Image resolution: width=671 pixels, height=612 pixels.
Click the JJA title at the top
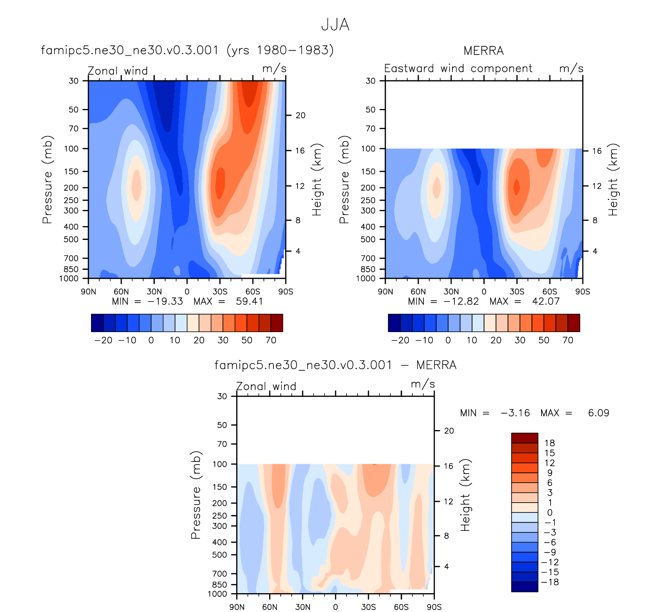pyautogui.click(x=335, y=25)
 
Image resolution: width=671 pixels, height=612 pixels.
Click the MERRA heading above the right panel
pyautogui.click(x=483, y=51)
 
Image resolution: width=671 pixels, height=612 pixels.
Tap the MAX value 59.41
pyautogui.click(x=249, y=301)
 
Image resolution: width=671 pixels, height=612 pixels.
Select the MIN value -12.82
pyautogui.click(x=461, y=301)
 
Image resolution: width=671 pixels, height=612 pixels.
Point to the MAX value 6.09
pyautogui.click(x=598, y=413)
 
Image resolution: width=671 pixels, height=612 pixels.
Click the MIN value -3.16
pyautogui.click(x=515, y=413)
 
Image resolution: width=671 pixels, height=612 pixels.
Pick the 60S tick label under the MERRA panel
pyautogui.click(x=550, y=292)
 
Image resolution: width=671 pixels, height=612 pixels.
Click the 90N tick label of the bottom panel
pyautogui.click(x=237, y=607)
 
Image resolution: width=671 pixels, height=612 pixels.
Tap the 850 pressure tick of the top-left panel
pyautogui.click(x=71, y=269)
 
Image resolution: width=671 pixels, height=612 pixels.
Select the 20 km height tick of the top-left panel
pyautogui.click(x=301, y=115)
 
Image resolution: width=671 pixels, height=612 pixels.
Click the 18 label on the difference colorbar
pyautogui.click(x=550, y=443)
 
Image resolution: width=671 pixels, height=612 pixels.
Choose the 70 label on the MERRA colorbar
pyautogui.click(x=568, y=340)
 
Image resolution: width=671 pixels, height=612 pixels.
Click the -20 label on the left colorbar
pyautogui.click(x=104, y=340)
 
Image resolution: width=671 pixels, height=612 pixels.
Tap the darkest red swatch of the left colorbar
pyautogui.click(x=277, y=323)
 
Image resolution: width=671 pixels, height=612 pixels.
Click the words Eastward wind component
pyautogui.click(x=458, y=69)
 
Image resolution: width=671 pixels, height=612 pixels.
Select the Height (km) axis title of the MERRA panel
pyautogui.click(x=613, y=180)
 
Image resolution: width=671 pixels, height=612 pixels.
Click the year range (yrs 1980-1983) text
pyautogui.click(x=280, y=50)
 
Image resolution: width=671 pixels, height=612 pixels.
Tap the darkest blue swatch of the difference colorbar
pyautogui.click(x=524, y=587)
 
